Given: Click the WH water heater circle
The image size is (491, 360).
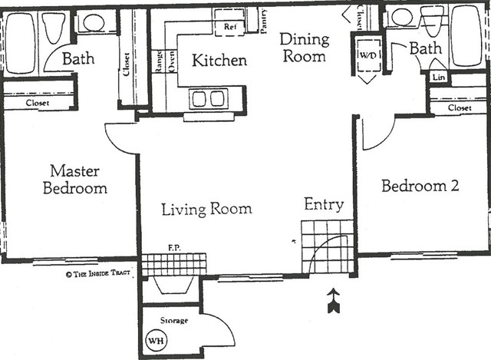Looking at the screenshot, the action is tap(157, 340).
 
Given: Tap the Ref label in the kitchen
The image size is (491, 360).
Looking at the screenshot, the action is tap(230, 27).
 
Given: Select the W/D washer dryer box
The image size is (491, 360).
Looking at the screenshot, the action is tap(368, 55).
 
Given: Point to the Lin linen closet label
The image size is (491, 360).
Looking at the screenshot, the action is tap(439, 77).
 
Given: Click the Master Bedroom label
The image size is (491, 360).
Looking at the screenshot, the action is tap(75, 180).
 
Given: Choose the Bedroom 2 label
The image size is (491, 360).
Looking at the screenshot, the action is tap(420, 186).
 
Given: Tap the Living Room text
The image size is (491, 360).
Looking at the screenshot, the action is tap(206, 209).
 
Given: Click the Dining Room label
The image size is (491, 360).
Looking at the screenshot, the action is tap(305, 48).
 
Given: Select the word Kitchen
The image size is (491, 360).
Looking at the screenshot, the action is tap(219, 61).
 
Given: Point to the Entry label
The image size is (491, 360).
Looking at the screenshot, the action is tap(324, 205).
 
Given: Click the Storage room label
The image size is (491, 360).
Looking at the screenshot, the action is tap(174, 321).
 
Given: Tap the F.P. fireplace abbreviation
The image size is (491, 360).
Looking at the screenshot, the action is tap(174, 248).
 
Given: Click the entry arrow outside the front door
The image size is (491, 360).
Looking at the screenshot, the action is tap(334, 300).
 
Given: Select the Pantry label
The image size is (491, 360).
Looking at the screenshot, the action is tap(264, 21).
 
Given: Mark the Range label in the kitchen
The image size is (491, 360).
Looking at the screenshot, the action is tap(159, 61).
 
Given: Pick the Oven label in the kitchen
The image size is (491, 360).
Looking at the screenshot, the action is tap(172, 62).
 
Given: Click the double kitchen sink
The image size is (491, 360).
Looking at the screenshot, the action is tap(208, 98).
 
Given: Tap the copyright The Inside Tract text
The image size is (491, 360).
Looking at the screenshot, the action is tap(98, 274).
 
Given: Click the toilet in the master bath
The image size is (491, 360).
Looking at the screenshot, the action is tap(54, 28).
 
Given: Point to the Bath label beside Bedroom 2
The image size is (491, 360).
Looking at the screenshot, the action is tap(426, 48).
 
